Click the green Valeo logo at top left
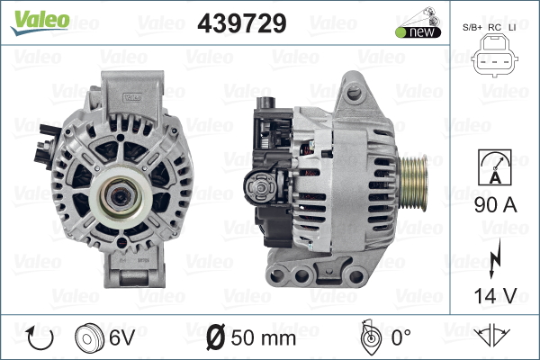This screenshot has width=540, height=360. click(40, 22)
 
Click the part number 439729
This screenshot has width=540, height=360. click(242, 23)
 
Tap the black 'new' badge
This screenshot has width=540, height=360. click(418, 32)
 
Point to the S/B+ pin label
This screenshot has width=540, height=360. click(472, 28)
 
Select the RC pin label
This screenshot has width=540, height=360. click(494, 28)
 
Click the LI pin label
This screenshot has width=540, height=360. click(512, 28)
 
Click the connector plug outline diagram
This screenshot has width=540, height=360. click(494, 55)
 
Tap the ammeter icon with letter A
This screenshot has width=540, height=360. click(494, 167)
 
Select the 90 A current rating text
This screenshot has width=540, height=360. click(495, 205)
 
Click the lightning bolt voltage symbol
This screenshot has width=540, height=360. click(494, 258)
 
